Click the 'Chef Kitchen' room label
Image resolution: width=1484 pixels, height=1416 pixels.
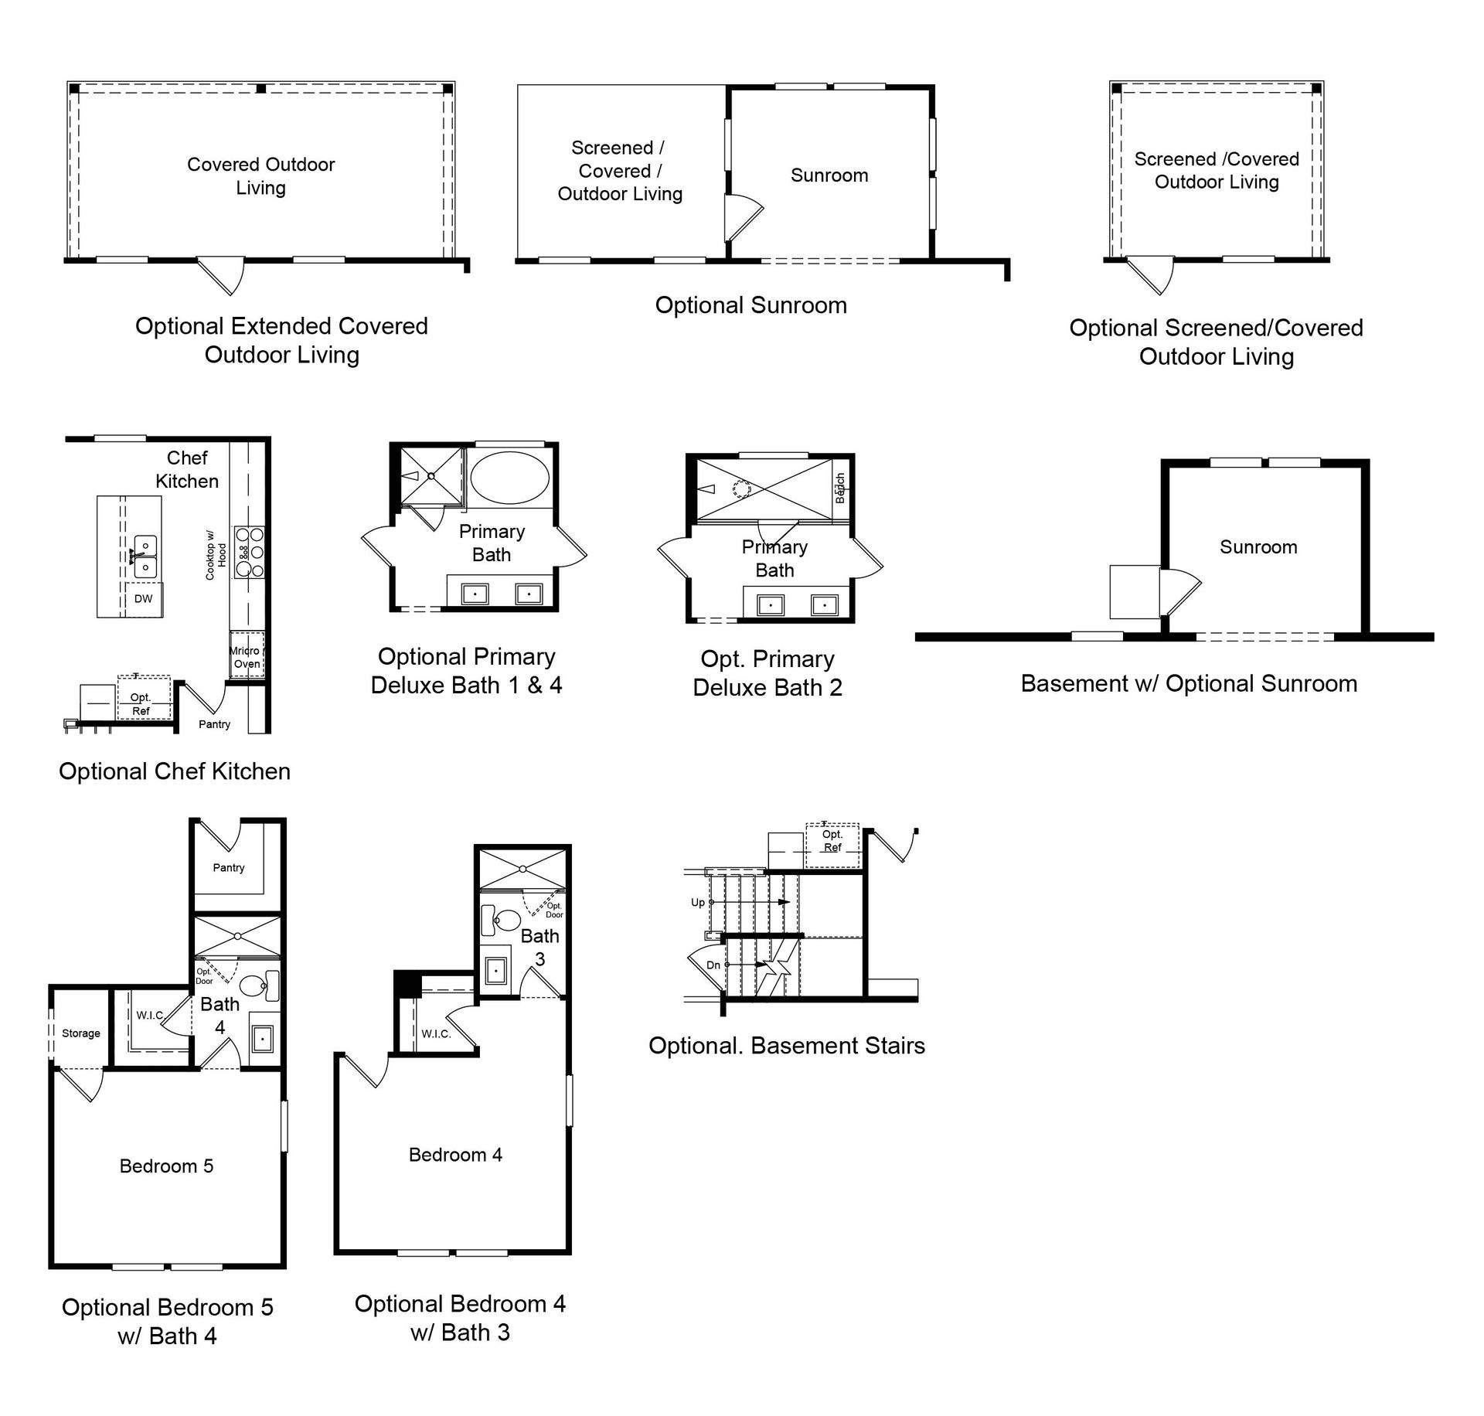tap(187, 470)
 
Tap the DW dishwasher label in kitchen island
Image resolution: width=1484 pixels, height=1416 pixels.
tap(143, 599)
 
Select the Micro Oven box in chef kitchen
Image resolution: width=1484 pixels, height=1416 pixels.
tap(247, 655)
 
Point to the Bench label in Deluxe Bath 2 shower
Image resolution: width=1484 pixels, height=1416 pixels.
tap(840, 488)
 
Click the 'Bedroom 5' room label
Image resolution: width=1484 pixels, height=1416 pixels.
tap(166, 1166)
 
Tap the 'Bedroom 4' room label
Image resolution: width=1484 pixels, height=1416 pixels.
tap(455, 1155)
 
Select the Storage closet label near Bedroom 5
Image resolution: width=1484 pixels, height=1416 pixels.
tap(81, 1033)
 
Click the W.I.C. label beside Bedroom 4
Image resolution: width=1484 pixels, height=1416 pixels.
tap(436, 1033)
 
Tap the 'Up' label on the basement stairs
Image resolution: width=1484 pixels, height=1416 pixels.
tap(698, 903)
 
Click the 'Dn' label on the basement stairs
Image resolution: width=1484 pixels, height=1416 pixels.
tap(713, 965)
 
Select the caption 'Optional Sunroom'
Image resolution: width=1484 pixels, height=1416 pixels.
tap(751, 305)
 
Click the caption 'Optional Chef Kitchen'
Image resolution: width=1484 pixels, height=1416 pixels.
tap(175, 771)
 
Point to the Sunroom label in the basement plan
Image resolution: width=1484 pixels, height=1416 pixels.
tap(1258, 547)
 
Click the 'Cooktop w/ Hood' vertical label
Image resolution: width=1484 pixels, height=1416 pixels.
tap(216, 554)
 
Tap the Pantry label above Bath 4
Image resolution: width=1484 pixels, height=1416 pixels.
tap(229, 868)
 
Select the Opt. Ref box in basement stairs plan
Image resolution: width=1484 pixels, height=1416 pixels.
tap(832, 848)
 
